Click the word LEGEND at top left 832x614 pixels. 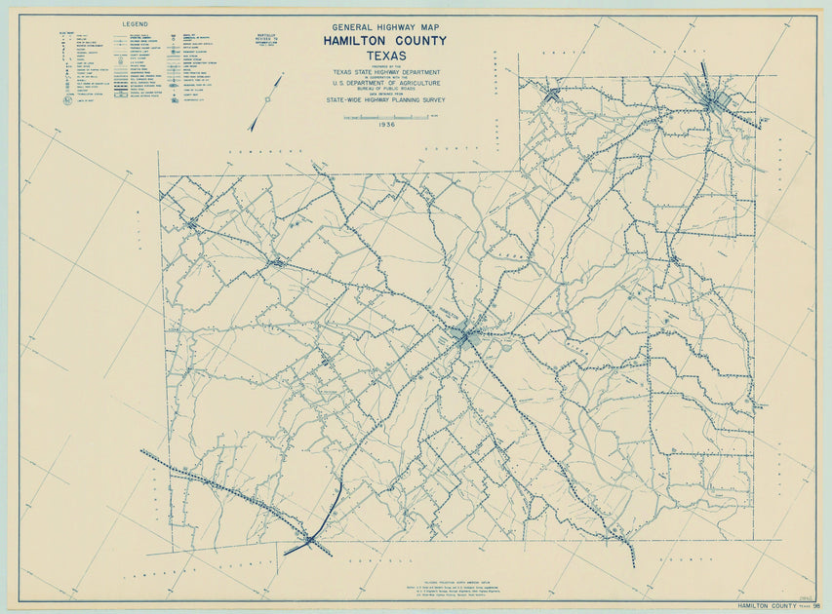pos(136,22)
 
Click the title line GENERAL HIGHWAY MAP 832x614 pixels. pos(385,28)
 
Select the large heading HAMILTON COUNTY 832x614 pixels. pos(385,41)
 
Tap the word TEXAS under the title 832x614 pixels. pos(385,56)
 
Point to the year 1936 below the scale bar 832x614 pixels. pos(385,125)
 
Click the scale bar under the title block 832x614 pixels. pos(385,117)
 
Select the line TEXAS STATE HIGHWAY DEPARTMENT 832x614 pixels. pos(385,72)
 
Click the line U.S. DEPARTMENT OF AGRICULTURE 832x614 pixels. pos(385,84)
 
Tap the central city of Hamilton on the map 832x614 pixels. pos(462,336)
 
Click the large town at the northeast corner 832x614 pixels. pos(718,99)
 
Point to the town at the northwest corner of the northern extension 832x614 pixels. pos(553,95)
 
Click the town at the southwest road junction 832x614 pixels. pos(309,538)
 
